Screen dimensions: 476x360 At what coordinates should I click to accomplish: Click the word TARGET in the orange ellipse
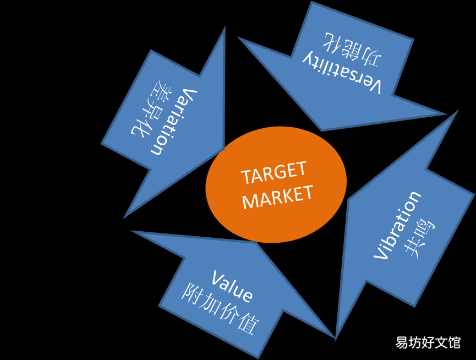273,173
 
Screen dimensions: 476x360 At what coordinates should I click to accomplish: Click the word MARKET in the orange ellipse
277,197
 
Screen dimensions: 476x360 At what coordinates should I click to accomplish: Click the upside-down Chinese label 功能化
353,50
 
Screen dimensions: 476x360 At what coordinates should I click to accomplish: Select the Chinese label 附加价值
221,308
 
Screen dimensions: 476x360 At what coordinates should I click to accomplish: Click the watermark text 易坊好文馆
428,343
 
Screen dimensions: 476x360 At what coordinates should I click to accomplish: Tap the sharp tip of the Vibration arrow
458,111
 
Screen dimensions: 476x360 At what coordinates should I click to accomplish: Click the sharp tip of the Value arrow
335,337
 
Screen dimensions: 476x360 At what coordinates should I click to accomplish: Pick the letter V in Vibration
381,253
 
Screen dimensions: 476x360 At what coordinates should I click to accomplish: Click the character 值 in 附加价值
249,324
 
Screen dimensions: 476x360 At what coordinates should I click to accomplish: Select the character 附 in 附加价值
192,293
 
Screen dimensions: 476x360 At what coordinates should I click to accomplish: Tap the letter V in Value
217,277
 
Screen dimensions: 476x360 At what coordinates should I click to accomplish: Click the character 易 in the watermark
401,343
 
